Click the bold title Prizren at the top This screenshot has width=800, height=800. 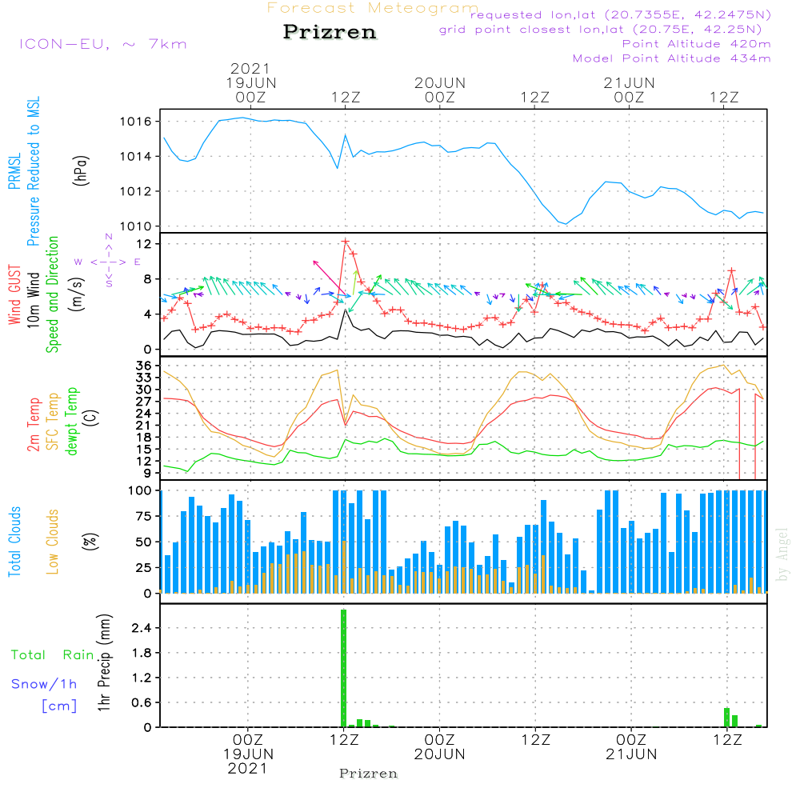(329, 33)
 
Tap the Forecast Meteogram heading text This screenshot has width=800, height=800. (373, 9)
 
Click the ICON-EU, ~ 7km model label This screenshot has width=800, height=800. (102, 43)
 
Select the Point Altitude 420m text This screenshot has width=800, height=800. (696, 44)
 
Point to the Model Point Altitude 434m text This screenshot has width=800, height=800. (672, 58)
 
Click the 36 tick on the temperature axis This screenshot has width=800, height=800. (144, 365)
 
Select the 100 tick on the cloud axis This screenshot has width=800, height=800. (140, 490)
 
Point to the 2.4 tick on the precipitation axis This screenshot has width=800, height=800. (142, 628)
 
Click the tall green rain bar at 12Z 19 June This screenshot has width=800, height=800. (344, 668)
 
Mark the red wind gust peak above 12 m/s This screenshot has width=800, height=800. (346, 241)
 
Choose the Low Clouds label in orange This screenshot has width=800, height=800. (54, 541)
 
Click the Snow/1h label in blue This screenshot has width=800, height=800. (44, 684)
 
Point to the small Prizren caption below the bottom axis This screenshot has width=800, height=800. (368, 774)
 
